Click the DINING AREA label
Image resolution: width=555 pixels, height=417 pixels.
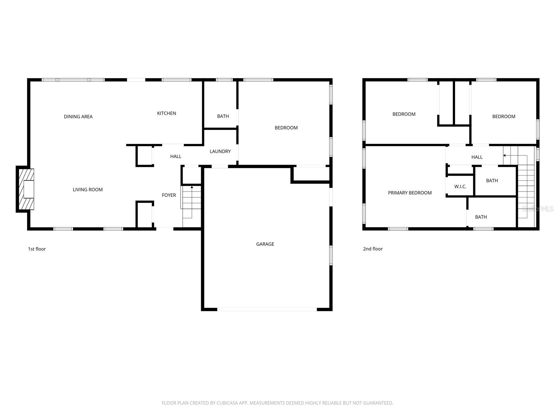[78, 117]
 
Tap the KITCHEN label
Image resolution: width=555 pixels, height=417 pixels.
[166, 113]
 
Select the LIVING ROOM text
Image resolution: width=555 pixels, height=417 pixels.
[88, 190]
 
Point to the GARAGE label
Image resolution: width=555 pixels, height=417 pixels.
[265, 244]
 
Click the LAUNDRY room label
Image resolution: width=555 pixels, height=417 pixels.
[220, 152]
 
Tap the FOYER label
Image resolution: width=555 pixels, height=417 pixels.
[169, 195]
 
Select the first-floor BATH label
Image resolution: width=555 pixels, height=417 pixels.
[223, 116]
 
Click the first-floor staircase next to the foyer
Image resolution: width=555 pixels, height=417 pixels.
[191, 202]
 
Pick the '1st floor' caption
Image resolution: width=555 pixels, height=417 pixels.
[37, 249]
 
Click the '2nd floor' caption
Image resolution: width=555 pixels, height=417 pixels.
[373, 249]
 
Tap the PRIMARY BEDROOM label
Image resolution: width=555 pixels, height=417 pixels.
[410, 193]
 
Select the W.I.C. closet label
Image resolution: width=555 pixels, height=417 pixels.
[460, 187]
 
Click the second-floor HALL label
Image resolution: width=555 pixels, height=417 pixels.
[477, 157]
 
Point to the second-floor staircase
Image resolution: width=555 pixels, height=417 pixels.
[526, 188]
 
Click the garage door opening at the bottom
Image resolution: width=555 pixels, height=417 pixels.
[267, 309]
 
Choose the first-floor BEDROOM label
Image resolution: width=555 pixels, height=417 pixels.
[286, 128]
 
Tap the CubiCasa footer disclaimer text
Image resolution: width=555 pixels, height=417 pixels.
[277, 403]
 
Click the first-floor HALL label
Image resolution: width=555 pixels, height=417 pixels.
[176, 157]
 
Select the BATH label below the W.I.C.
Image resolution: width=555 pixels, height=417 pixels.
[481, 217]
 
